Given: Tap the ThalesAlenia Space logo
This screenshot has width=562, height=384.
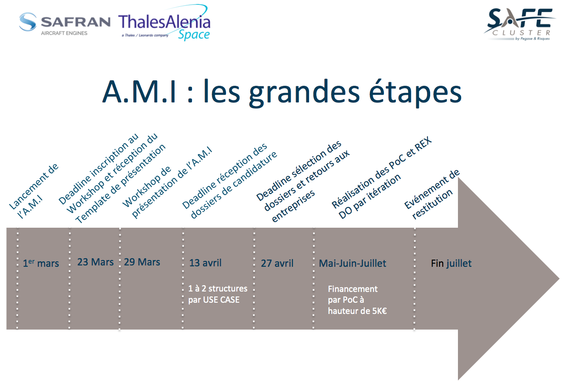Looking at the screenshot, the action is point(164,22).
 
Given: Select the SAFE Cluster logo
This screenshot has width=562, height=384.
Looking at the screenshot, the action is point(519,24).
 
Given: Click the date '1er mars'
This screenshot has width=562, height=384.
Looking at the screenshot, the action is point(41,263).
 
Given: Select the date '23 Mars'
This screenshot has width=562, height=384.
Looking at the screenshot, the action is point(96,262).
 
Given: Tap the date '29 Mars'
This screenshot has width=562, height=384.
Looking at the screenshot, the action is point(142,262).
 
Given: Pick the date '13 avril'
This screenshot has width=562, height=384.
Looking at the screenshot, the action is point(205,263).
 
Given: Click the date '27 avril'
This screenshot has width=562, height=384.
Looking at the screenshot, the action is point(277,263).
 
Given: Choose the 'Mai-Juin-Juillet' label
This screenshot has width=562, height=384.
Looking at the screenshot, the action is point(353,263).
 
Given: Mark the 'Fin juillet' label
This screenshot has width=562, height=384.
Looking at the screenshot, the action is point(451,263).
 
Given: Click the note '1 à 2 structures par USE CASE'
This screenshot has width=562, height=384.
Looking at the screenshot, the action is point(218,294).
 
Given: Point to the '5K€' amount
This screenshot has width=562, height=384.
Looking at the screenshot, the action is point(379,311).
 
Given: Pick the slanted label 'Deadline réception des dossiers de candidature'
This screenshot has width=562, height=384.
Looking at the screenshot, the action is point(230,181).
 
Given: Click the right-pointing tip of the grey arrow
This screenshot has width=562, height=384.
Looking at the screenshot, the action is point(559,278).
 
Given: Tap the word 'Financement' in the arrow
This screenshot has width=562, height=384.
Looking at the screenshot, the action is point(353,289).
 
